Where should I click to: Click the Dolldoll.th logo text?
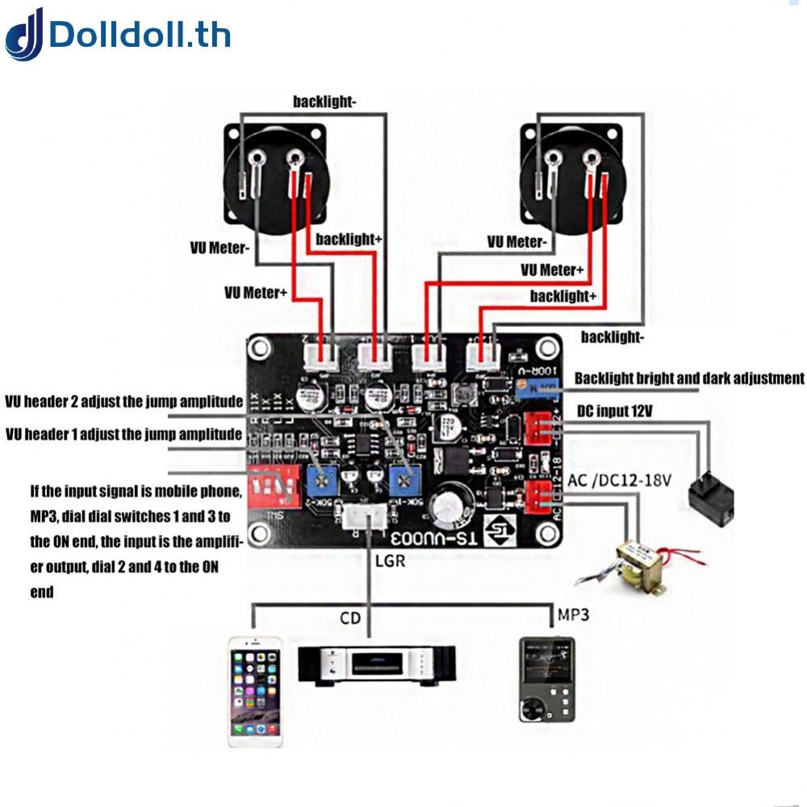point(140,35)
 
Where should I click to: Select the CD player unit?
point(377,664)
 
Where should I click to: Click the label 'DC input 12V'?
point(615,412)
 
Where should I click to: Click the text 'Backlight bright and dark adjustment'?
point(689,378)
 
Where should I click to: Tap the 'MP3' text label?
point(573,615)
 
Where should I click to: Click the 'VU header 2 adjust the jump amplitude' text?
point(123,401)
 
